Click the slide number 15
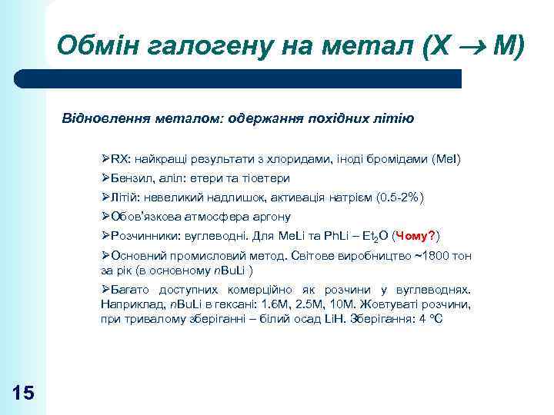[x=23, y=393]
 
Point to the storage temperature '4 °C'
[x=429, y=318]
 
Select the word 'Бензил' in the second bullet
[x=131, y=178]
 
